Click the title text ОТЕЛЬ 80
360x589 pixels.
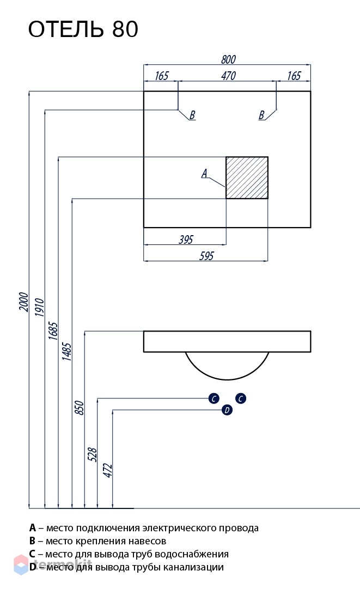coord(83,29)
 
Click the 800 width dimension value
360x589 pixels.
coord(228,59)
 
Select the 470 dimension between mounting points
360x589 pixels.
coord(228,76)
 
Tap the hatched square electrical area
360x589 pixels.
coord(247,177)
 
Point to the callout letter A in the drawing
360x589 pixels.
coord(204,173)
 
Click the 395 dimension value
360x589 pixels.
coord(186,240)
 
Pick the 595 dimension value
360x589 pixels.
coord(206,256)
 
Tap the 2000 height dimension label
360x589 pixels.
coord(23,302)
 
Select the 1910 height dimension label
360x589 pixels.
coord(40,307)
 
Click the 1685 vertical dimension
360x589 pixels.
coord(53,331)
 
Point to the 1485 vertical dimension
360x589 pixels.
coord(66,351)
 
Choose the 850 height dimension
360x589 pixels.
coord(80,408)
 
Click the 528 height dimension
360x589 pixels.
coord(93,455)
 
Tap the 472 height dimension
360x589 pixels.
coord(107,470)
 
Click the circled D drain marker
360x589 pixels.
coord(227,410)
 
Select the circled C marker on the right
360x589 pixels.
coord(241,398)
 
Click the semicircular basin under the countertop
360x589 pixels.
coord(227,379)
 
